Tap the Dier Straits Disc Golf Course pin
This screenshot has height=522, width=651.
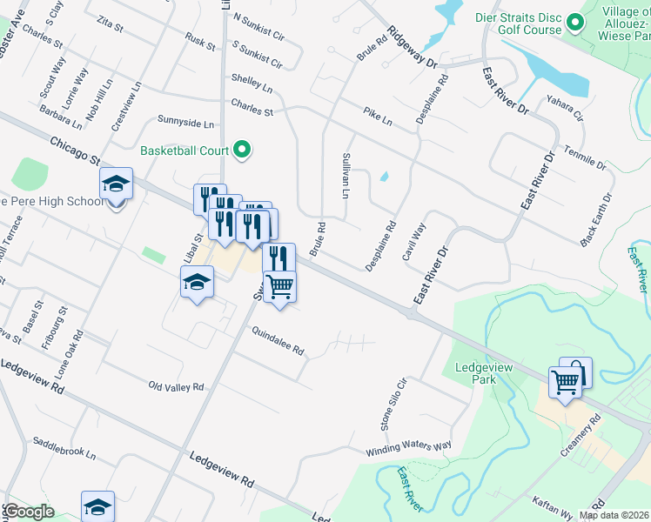574,22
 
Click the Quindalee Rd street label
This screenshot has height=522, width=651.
278,341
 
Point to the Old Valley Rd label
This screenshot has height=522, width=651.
176,385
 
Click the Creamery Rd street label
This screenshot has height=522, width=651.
581,432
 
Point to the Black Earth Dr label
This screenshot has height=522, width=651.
597,218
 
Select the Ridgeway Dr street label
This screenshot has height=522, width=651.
413,47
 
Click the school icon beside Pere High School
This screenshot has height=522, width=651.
116,184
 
